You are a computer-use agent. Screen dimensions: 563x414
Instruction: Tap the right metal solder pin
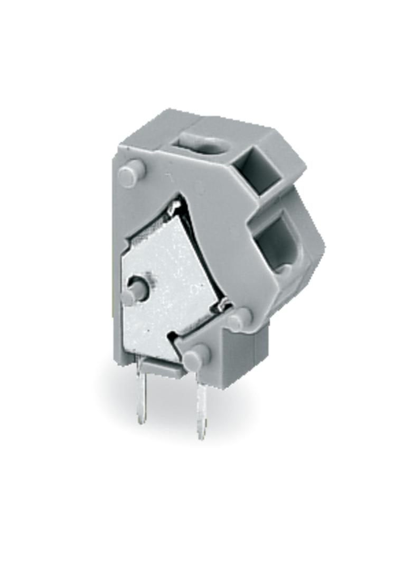click(x=201, y=407)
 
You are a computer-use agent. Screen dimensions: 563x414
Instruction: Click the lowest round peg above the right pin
click(x=196, y=358)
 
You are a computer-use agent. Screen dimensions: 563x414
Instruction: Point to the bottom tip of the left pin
click(x=140, y=421)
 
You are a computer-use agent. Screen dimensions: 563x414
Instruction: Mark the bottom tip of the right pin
click(x=201, y=437)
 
